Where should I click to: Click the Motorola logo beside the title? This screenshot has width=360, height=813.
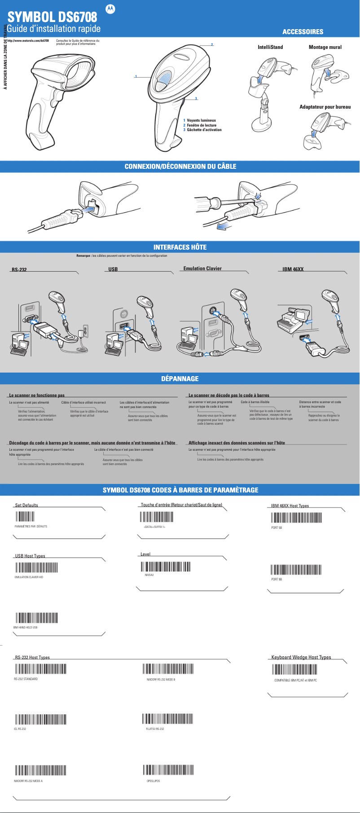click(110, 9)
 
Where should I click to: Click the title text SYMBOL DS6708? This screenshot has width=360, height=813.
click(53, 17)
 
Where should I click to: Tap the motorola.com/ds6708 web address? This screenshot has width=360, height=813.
click(28, 41)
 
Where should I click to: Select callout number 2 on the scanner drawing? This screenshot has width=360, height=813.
click(212, 44)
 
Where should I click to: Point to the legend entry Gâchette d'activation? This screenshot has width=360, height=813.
click(204, 130)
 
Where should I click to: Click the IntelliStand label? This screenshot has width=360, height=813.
click(270, 47)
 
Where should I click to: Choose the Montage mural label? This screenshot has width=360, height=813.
click(325, 47)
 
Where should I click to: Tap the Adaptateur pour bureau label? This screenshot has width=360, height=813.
click(325, 107)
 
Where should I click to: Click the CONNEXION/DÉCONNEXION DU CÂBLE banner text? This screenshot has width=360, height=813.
click(180, 167)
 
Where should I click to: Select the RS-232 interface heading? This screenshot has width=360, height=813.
click(19, 270)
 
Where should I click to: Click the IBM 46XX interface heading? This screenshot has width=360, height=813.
click(293, 269)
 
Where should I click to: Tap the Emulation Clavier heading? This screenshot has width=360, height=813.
click(202, 268)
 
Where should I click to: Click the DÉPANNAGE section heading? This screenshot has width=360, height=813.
click(180, 379)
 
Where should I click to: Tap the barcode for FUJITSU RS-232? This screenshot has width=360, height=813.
click(167, 719)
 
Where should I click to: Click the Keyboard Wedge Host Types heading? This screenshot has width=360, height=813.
click(301, 657)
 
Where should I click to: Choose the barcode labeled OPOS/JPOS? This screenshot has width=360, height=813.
click(168, 770)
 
